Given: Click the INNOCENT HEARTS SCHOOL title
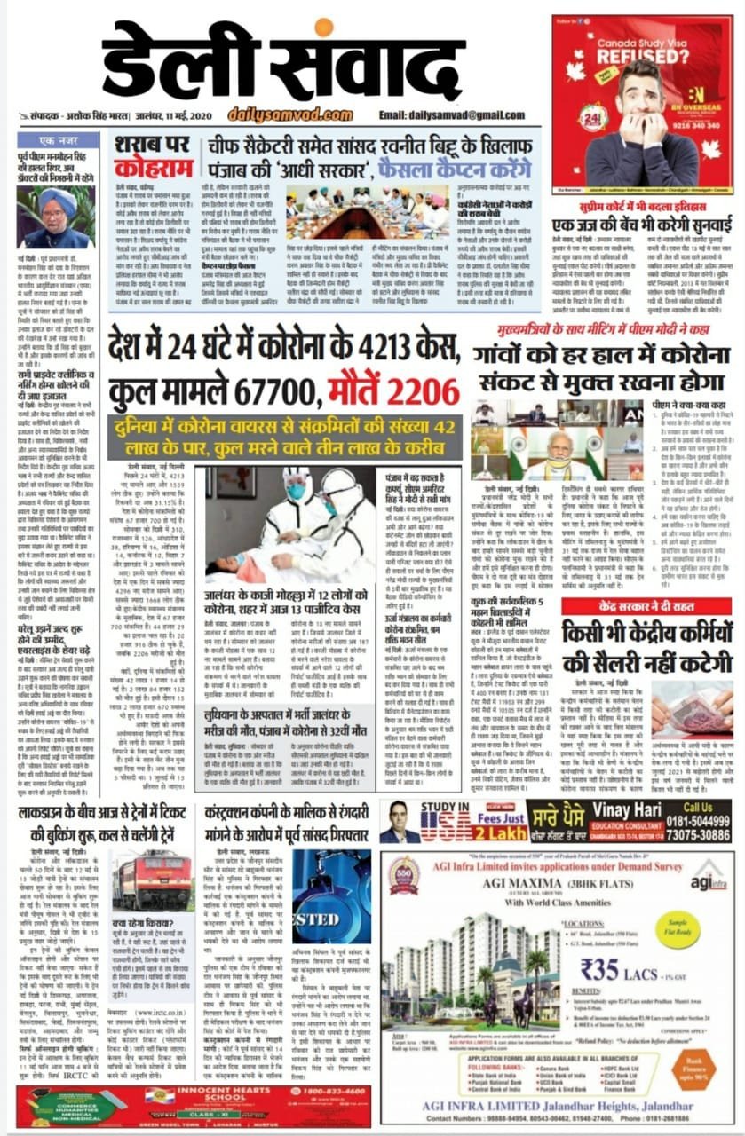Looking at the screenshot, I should click(x=204, y=1093).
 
